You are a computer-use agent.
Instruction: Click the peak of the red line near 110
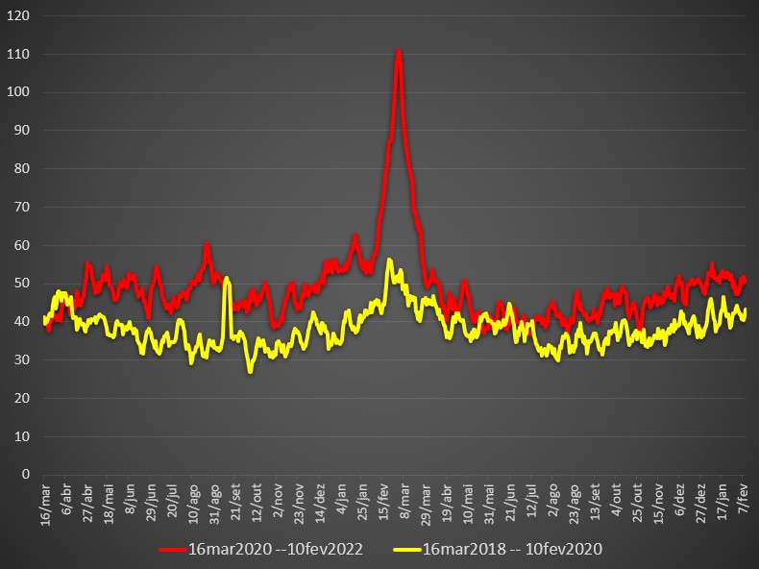pyautogui.click(x=398, y=51)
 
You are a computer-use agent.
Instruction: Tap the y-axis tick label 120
pyautogui.click(x=19, y=16)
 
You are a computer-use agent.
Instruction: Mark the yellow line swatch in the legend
pyautogui.click(x=406, y=549)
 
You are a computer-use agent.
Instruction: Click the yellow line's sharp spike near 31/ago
pyautogui.click(x=226, y=280)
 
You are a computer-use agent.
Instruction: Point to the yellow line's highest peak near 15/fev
pyautogui.click(x=389, y=259)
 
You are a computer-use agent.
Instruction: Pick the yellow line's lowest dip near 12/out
pyautogui.click(x=251, y=371)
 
